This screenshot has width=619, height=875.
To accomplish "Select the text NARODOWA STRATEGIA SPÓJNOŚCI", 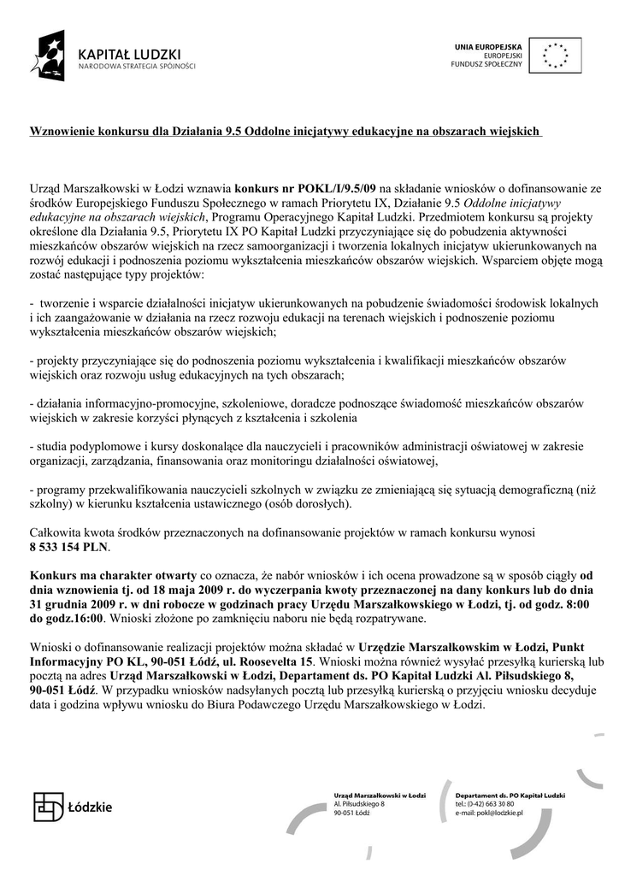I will point(137,66).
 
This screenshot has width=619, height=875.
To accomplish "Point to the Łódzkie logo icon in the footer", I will point(49,806).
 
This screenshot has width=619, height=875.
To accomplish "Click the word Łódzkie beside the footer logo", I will point(91,807).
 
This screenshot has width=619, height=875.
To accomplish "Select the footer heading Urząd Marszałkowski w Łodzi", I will point(380,796).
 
